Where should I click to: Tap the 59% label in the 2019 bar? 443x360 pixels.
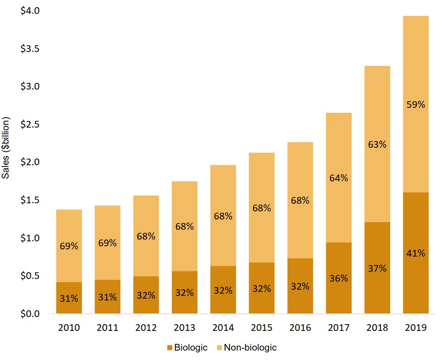[x=416, y=105]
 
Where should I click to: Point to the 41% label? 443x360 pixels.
[x=416, y=253]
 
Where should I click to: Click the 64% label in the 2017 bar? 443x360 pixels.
[x=339, y=178]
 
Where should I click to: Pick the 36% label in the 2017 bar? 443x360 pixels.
[x=339, y=278]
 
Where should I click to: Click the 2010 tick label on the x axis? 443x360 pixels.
[x=69, y=328]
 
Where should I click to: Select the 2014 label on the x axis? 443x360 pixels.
[x=223, y=328]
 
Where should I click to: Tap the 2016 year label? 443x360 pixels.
[x=300, y=328]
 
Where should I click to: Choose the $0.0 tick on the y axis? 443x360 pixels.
[x=30, y=313]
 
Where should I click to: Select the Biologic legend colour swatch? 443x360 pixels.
[x=169, y=347]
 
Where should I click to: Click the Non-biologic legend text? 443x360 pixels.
[x=250, y=347]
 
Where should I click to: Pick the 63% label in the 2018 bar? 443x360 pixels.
[x=377, y=145]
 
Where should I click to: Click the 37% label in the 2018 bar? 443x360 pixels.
[x=377, y=269]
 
